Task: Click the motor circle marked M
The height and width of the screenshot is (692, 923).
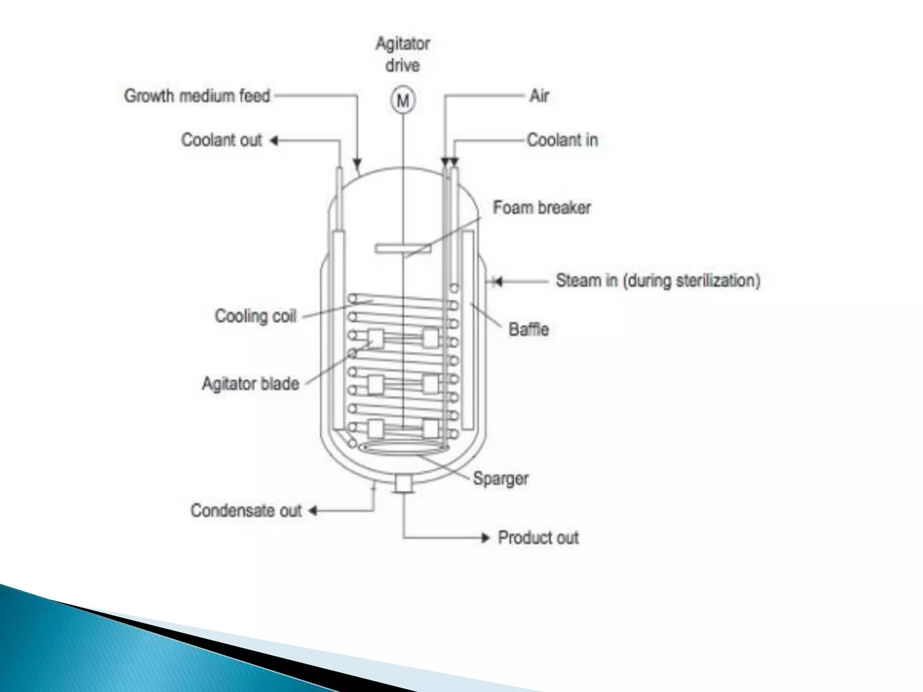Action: pos(402,100)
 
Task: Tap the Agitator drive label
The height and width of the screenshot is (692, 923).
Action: pos(402,55)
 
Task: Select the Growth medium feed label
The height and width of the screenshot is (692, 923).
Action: pos(197,96)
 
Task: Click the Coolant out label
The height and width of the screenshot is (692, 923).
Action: pos(221,140)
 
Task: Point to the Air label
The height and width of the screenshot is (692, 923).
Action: pos(539,96)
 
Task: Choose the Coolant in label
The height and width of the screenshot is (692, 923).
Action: pos(562,140)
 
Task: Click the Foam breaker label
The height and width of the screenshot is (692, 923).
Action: pos(541,208)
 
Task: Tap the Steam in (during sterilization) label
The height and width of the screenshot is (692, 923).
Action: pos(658,281)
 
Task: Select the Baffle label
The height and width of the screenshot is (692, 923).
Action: pos(528,329)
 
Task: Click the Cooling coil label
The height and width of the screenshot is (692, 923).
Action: pos(255,316)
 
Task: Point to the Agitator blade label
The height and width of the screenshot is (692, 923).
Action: pos(251,384)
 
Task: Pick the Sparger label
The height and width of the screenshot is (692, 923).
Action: pos(500,478)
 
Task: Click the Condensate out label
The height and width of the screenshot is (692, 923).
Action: pos(246,511)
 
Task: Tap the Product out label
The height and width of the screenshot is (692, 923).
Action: pos(538,538)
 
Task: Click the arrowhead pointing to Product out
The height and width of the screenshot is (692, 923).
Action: pos(485,538)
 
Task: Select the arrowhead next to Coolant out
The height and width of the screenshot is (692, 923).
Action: pos(274,141)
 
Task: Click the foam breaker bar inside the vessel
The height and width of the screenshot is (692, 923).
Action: pos(402,248)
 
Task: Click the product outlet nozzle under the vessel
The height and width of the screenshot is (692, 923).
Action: pos(403,485)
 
